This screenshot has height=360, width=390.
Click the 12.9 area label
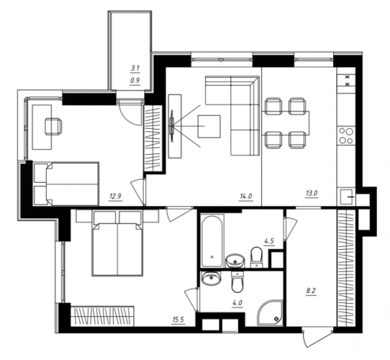coord(115,197)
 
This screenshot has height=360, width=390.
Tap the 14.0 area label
coord(246,197)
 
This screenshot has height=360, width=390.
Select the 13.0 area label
coord(312,193)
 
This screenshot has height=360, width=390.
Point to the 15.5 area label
coord(178,320)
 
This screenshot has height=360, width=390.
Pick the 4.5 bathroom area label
coord(270,241)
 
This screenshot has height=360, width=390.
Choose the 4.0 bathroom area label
coord(237,303)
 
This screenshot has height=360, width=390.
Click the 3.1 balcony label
coord(135,68)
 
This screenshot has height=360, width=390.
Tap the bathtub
coord(212,241)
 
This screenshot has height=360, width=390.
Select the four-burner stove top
coord(346,136)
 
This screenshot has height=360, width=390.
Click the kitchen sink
coord(346,197)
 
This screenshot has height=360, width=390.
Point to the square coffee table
coord(209,126)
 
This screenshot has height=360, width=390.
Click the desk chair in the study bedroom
coord(53,126)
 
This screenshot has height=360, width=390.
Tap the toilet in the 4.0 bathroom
coord(238,282)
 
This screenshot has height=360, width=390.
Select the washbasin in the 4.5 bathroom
coord(235,261)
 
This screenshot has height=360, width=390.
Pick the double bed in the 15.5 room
coord(117,243)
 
